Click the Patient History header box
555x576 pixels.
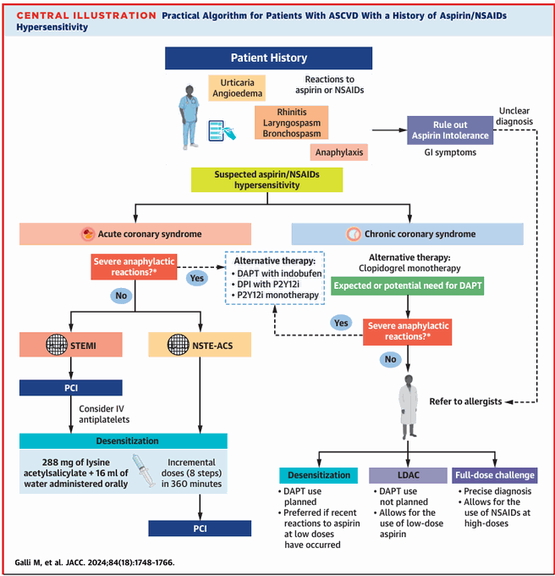click(x=268, y=58)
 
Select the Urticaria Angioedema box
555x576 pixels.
click(x=237, y=88)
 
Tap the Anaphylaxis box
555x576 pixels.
click(x=339, y=152)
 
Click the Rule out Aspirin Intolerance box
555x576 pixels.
click(x=450, y=130)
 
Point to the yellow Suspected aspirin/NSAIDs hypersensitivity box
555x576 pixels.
click(x=267, y=180)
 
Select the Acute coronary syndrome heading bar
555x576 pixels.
click(x=135, y=234)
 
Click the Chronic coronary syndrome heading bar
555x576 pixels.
click(x=408, y=234)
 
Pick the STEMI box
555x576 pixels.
click(x=71, y=345)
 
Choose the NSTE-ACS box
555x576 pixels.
click(x=200, y=345)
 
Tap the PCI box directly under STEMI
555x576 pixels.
click(x=71, y=388)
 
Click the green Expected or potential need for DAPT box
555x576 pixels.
click(x=408, y=285)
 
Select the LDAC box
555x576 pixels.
click(x=409, y=475)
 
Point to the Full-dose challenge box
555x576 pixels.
click(x=495, y=475)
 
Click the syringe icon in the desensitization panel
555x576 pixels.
click(x=144, y=471)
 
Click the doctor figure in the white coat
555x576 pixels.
click(x=409, y=407)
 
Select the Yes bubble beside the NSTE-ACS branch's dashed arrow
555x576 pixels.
click(x=197, y=278)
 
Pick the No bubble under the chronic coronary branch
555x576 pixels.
click(x=390, y=359)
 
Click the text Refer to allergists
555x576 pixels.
click(x=465, y=402)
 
